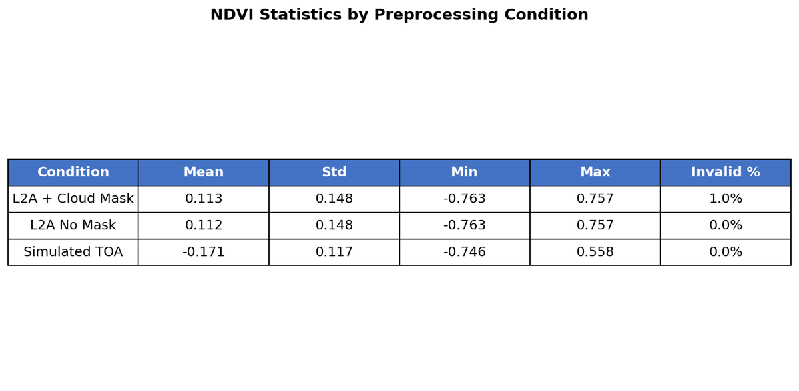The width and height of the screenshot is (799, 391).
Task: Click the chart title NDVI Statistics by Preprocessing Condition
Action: point(399,15)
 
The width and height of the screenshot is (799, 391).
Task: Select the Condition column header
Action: point(73,172)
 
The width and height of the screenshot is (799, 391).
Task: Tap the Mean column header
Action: point(204,172)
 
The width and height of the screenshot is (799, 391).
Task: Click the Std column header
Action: point(334,172)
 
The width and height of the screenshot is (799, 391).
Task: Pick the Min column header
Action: point(465,172)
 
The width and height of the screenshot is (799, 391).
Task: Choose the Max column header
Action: point(595,172)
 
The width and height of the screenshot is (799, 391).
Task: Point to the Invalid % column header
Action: point(726,172)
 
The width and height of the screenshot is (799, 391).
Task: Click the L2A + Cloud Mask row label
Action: point(73,199)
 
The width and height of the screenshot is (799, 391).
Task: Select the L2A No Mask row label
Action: point(73,225)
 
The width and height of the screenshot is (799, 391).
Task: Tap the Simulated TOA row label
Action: point(73,252)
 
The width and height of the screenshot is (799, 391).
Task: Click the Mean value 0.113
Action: point(204,199)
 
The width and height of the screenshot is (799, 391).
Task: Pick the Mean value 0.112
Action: point(204,225)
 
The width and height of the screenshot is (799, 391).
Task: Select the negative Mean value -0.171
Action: point(204,252)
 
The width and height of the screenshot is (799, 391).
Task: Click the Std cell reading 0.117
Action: point(334,252)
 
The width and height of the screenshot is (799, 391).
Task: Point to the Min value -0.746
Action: point(465,252)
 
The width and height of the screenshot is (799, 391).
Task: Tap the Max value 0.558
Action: point(595,252)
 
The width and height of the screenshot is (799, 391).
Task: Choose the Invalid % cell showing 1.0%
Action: point(726,199)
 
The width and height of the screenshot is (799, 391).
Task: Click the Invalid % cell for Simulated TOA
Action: point(726,252)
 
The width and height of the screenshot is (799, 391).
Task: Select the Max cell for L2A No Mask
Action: point(595,225)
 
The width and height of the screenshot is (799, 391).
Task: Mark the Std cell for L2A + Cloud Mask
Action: point(334,199)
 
